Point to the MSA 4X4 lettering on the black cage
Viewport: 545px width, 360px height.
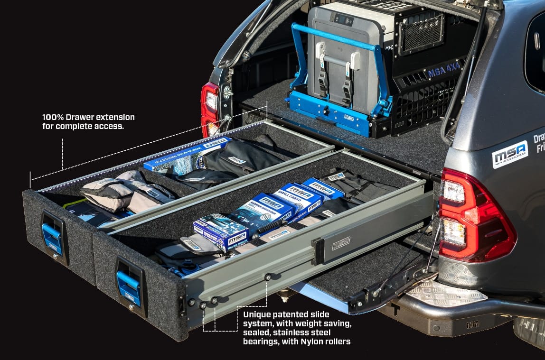tap(444, 71)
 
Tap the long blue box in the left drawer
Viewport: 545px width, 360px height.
tap(188, 154)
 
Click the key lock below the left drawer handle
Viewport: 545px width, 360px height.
tap(56, 257)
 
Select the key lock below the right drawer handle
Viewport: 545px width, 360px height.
tap(132, 308)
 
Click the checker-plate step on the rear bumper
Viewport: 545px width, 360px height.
tap(446, 294)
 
